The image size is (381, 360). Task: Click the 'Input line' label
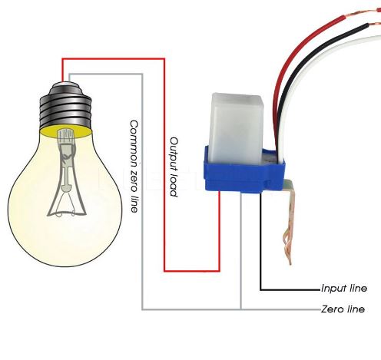[344, 289]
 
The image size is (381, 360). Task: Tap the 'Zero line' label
[343, 309]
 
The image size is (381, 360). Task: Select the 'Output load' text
[174, 167]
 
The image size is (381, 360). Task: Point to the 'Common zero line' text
[134, 167]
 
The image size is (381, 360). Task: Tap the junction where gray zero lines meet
[240, 309]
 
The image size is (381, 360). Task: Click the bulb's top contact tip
[66, 84]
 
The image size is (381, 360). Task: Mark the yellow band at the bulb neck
[66, 132]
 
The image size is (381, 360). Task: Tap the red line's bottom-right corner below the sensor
[219, 270]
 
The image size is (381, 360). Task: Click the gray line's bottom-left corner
[143, 309]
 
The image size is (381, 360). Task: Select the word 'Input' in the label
[333, 289]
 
